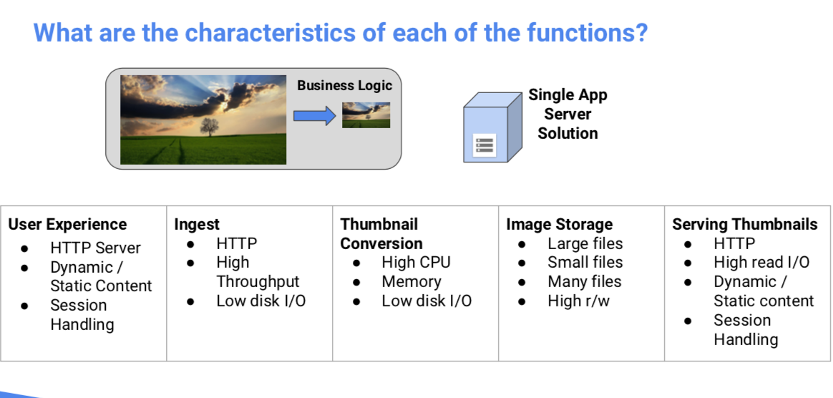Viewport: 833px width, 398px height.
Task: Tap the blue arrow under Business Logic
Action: (315, 115)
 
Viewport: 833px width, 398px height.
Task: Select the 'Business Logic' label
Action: (344, 85)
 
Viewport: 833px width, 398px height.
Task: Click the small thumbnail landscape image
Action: (366, 115)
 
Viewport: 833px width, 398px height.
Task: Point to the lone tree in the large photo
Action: (209, 127)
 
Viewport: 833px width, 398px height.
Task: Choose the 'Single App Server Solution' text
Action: (567, 114)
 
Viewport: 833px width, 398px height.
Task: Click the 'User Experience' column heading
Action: (67, 224)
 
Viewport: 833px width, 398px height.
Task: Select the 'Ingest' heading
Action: (197, 224)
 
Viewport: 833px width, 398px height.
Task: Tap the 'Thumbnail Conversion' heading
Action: (381, 233)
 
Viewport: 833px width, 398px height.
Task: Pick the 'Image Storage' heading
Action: (559, 224)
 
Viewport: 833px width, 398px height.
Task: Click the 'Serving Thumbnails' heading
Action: (744, 224)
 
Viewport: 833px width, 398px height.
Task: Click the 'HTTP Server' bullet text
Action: (95, 248)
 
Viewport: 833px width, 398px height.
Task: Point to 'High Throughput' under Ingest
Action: (257, 272)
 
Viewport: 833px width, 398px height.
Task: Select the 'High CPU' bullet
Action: (416, 263)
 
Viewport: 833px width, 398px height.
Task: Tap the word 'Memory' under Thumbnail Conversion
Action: (411, 282)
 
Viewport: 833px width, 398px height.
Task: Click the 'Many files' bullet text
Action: (584, 282)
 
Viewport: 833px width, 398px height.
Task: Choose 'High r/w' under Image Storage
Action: (578, 301)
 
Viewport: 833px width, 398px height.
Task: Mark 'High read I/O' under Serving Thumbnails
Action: (761, 263)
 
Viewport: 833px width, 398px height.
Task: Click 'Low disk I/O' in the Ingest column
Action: (260, 301)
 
